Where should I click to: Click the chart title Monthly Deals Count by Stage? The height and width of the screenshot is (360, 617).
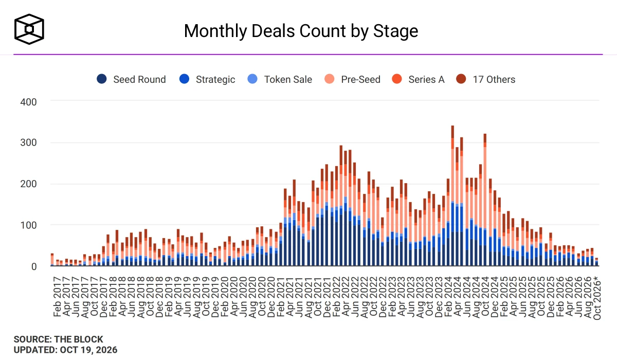(x=301, y=31)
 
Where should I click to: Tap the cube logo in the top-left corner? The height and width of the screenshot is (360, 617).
(x=29, y=29)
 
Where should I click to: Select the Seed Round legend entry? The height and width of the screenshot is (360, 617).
(x=131, y=79)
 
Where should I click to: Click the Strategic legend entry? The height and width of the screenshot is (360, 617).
(x=207, y=79)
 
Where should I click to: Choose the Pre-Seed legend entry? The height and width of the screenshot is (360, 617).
(x=352, y=79)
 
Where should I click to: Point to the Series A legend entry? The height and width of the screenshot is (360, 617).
(x=418, y=79)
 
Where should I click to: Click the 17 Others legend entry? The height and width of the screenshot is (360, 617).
(x=485, y=79)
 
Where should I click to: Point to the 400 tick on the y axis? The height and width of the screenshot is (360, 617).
(x=28, y=102)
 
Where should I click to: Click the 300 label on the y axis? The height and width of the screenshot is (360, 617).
(x=28, y=142)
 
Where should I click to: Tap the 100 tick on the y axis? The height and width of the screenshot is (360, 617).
(x=28, y=225)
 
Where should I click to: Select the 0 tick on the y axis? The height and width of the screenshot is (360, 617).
(x=34, y=266)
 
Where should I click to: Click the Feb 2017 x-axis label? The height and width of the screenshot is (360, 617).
(x=57, y=297)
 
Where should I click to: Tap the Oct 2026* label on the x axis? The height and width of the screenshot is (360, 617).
(x=596, y=297)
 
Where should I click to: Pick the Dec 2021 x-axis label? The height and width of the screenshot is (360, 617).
(x=327, y=297)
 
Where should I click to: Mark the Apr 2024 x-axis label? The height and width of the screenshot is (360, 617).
(x=457, y=297)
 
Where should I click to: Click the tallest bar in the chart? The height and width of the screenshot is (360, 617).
(x=452, y=195)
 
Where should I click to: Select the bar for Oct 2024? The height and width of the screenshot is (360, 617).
(x=485, y=200)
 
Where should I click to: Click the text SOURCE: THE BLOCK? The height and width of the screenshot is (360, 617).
(x=59, y=339)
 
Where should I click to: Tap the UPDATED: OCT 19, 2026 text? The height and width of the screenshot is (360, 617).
(x=66, y=350)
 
